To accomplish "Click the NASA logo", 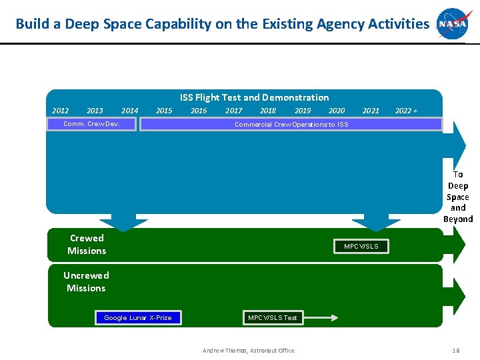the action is point(454,24).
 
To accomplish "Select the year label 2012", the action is point(61,111).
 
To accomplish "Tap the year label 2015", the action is point(164,111).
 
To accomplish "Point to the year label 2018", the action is point(268,111).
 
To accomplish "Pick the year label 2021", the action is point(371,111).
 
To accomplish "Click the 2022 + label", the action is point(406,111).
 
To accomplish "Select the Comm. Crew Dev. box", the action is point(91,124).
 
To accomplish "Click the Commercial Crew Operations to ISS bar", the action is point(291,124).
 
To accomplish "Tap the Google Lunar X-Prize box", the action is point(137,317).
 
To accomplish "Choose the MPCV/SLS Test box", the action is point(272,317).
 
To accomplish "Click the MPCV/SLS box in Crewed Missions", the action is point(361,247).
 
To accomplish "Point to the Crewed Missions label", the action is point(87,244).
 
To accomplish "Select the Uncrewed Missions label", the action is point(86,281).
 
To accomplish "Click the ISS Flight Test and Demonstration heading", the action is point(254,97).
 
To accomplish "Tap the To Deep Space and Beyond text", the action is point(458,197).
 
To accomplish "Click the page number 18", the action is point(456,350).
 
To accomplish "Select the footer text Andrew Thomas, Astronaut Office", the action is point(249,351).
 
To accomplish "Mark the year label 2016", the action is point(199,111).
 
